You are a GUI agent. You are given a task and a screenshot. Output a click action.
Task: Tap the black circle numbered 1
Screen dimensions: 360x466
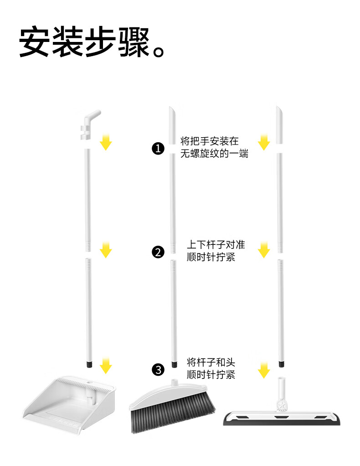(158, 148)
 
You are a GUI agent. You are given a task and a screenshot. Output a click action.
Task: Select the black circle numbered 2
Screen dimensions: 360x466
(158, 252)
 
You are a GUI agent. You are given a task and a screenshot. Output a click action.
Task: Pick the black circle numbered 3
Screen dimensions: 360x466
(158, 369)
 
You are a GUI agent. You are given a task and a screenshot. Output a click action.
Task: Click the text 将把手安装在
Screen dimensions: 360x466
(209, 141)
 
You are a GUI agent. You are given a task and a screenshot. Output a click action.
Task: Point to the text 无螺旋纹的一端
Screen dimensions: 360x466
(214, 154)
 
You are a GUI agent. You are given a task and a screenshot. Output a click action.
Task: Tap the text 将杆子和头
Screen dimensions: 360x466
(211, 362)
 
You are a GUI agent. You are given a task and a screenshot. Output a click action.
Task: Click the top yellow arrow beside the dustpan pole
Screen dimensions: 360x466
(106, 142)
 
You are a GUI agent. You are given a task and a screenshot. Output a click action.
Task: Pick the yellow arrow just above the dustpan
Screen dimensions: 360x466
(106, 365)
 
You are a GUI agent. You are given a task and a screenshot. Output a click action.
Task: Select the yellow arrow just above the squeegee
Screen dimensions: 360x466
(264, 370)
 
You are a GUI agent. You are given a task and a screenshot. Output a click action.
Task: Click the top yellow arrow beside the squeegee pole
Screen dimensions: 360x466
(264, 142)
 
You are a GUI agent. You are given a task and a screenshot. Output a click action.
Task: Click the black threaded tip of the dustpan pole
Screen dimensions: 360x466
(89, 365)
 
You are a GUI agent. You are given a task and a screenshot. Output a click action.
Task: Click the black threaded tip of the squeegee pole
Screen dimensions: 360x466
(281, 364)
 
